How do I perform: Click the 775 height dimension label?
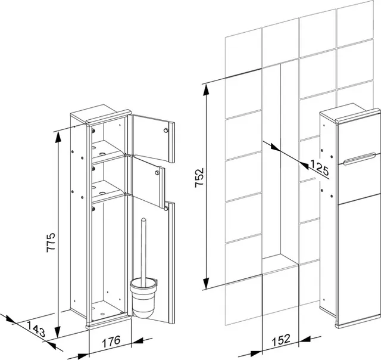(51, 242)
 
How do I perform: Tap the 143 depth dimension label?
(36, 329)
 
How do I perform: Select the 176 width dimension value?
(111, 341)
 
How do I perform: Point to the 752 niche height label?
(199, 178)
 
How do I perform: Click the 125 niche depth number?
(319, 167)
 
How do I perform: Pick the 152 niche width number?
(280, 340)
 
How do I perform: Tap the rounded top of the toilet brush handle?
(143, 220)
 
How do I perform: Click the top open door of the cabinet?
(153, 138)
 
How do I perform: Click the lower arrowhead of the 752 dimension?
(206, 283)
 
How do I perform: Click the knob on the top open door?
(166, 131)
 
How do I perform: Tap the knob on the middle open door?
(157, 173)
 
